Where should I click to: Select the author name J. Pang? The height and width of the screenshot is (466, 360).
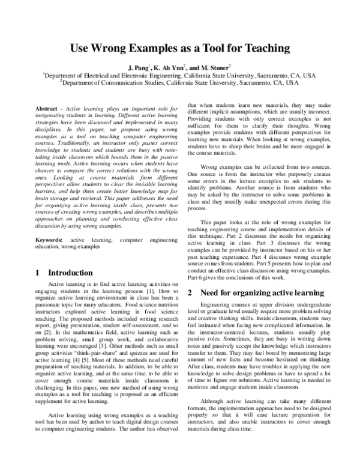[x=146, y=68]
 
